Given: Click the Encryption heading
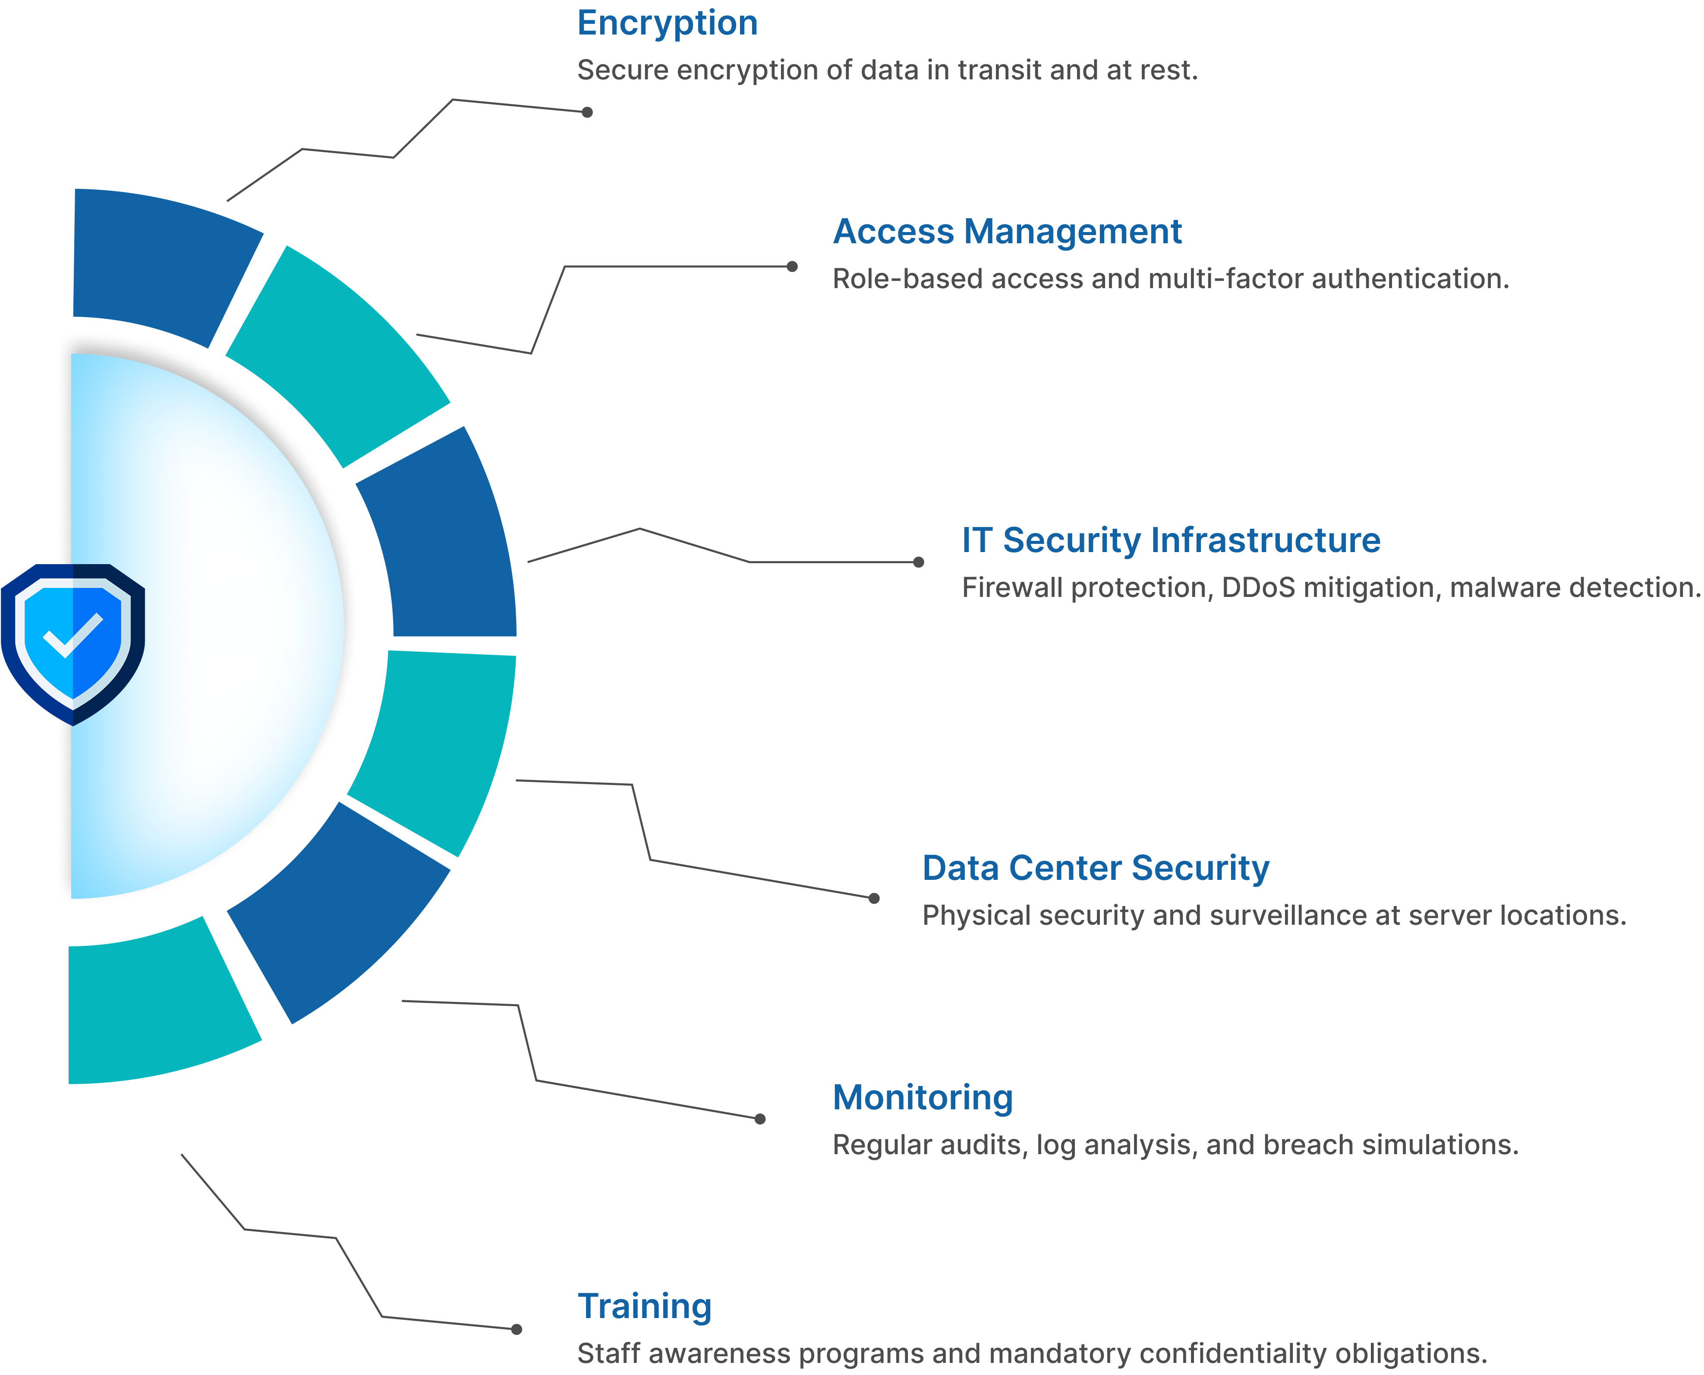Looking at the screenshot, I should pos(667,24).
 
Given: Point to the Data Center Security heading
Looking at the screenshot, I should pos(1096,868).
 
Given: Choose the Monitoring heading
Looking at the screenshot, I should pos(923,1098).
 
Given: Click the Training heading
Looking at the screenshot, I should pos(645,1307).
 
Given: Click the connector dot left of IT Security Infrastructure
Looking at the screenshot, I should pos(919,562).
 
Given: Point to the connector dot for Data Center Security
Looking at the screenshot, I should pos(874,898).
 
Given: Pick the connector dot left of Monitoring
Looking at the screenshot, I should pos(760,1119).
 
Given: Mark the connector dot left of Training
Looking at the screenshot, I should pos(517,1329).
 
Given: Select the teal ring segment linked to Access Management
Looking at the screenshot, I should pos(340,356).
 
